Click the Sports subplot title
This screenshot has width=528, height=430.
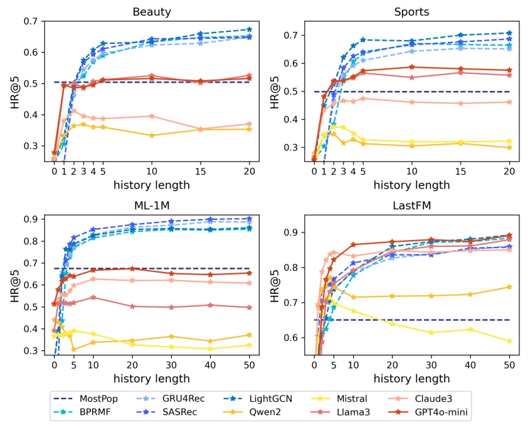click(x=411, y=11)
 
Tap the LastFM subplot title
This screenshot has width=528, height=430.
click(x=411, y=205)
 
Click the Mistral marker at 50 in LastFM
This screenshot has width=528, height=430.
click(x=509, y=341)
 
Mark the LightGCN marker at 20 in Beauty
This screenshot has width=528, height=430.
click(x=249, y=29)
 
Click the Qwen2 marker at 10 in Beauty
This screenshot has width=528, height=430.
click(x=151, y=135)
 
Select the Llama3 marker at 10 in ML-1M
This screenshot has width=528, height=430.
click(x=93, y=297)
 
